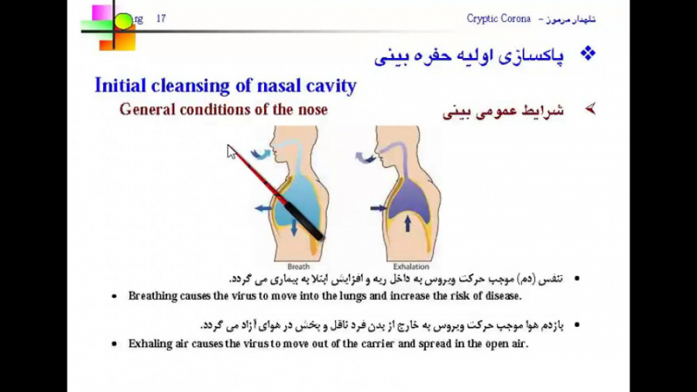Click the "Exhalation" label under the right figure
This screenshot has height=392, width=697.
pos(411,266)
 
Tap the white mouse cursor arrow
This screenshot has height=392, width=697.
pos(231,151)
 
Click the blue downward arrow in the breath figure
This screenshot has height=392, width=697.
pos(294,229)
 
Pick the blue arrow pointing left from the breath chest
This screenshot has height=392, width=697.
pos(263,208)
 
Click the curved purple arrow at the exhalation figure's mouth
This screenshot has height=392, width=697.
pos(364,157)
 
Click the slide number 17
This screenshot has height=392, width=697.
pos(161,19)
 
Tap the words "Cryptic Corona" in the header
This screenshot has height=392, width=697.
pos(499,19)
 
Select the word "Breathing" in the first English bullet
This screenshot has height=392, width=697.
pos(155,296)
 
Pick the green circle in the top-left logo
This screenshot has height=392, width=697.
pos(124,20)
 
